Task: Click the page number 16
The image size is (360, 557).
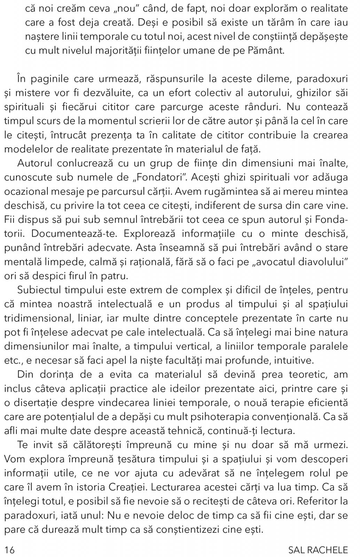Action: (x=9, y=550)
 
